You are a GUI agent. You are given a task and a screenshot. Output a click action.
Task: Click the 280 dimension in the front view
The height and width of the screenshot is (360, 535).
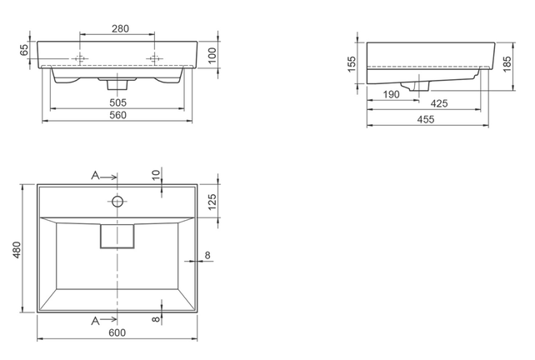pyautogui.click(x=119, y=28)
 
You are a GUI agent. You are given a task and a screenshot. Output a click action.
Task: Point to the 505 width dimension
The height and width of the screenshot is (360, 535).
pyautogui.click(x=117, y=102)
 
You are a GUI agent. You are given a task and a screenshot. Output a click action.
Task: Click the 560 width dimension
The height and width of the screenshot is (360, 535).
pyautogui.click(x=117, y=115)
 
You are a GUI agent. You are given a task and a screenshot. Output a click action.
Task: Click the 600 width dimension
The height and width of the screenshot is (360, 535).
pyautogui.click(x=117, y=333)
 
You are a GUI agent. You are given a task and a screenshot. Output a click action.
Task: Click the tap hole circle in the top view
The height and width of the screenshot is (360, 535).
pyautogui.click(x=117, y=201)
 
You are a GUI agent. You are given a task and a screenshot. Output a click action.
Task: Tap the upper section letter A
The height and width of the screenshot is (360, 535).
pyautogui.click(x=96, y=176)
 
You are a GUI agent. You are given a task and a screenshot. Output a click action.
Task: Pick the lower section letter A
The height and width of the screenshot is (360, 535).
pyautogui.click(x=96, y=319)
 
